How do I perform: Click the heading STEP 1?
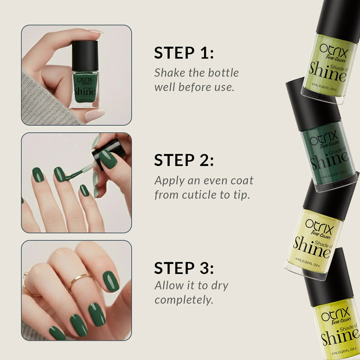click(184, 53)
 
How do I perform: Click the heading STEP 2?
click(184, 160)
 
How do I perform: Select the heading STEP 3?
click(184, 268)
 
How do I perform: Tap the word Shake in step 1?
click(169, 73)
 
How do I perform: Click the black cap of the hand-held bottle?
click(85, 56)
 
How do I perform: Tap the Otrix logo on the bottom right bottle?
click(335, 313)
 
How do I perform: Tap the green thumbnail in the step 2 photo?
click(108, 159)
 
